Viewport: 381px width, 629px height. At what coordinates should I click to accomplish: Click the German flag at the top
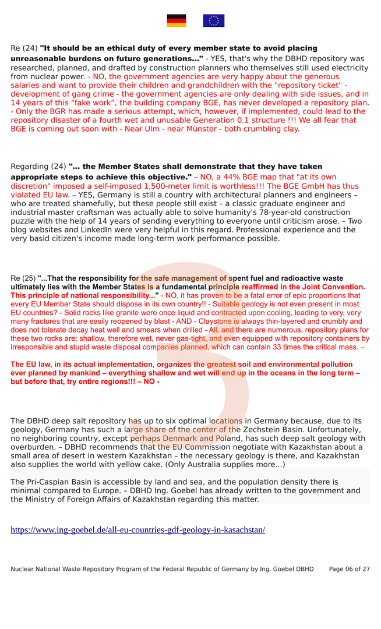pyautogui.click(x=177, y=21)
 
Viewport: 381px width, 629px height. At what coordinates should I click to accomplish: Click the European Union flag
pyautogui.click(x=214, y=21)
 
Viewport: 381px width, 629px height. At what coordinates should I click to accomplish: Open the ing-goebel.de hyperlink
pyautogui.click(x=138, y=530)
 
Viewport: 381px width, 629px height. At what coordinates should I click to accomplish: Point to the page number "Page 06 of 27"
pyautogui.click(x=349, y=569)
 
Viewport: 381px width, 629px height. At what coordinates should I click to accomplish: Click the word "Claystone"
pyautogui.click(x=228, y=321)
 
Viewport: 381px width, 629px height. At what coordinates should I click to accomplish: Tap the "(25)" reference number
pyautogui.click(x=29, y=278)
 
